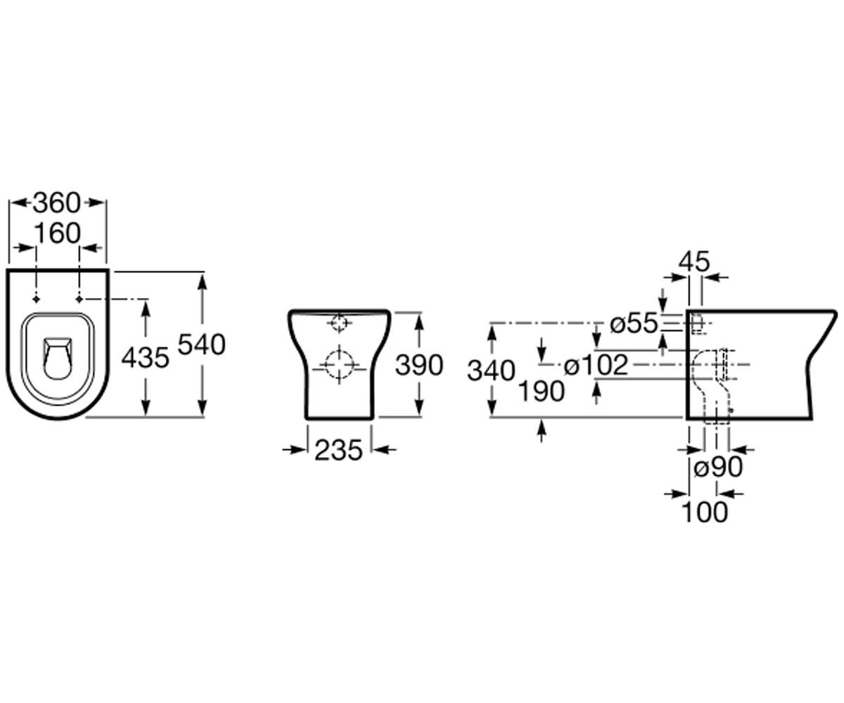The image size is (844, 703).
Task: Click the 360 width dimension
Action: click(x=56, y=203)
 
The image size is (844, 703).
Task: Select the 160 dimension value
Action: click(x=58, y=233)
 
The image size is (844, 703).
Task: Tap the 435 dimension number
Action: click(x=145, y=358)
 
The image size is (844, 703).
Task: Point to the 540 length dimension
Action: click(x=202, y=344)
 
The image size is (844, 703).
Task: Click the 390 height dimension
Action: click(x=419, y=365)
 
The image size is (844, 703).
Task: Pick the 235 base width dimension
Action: click(x=339, y=451)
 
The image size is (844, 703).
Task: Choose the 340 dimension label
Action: click(x=491, y=370)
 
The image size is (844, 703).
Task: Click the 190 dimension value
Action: click(x=542, y=391)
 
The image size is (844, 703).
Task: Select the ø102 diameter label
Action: click(x=596, y=365)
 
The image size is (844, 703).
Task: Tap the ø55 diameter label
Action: click(x=634, y=323)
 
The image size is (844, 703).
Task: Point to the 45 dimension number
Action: click(x=693, y=262)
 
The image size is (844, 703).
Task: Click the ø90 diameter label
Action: click(x=718, y=467)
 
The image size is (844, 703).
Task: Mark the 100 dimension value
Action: click(x=705, y=512)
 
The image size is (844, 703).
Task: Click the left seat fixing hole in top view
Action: click(x=37, y=299)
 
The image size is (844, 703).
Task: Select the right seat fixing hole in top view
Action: click(x=79, y=299)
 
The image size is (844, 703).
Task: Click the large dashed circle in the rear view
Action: click(x=339, y=364)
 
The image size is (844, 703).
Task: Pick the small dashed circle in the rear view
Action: click(x=339, y=323)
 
